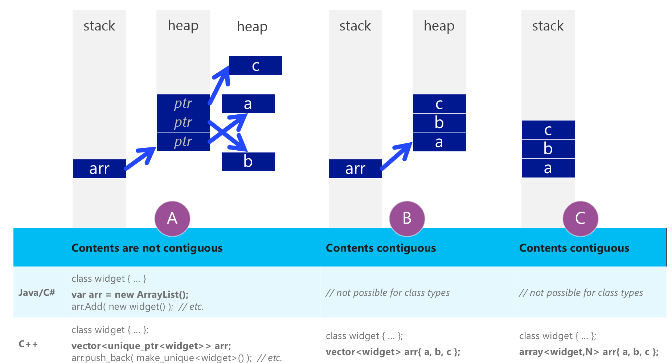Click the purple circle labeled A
tap(172, 219)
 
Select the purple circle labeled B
tap(407, 219)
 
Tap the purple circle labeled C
tap(580, 219)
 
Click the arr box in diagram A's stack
tap(99, 169)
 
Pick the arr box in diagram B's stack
tap(355, 169)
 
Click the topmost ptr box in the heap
tap(183, 104)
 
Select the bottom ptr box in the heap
tap(183, 142)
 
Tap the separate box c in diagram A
tap(255, 66)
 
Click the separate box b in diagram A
tap(248, 162)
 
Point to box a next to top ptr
tap(248, 104)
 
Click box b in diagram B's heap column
tap(439, 123)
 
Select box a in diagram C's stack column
tap(548, 168)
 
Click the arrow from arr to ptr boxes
tap(140, 159)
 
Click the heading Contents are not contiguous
tap(147, 248)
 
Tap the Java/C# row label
tap(37, 293)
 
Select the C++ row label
tap(28, 344)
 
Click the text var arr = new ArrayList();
tap(130, 294)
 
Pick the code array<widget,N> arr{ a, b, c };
tap(589, 352)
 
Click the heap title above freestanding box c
tap(252, 26)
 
